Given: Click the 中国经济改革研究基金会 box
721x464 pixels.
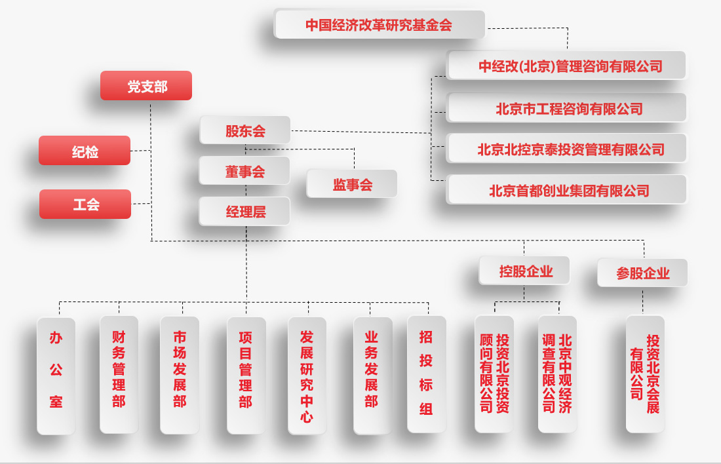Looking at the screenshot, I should (x=379, y=25).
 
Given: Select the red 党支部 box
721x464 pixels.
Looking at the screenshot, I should (x=146, y=86).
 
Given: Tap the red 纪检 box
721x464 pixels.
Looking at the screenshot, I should (x=85, y=151).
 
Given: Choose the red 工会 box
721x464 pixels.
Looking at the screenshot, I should (x=85, y=204).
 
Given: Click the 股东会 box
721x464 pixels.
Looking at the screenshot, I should (x=244, y=130).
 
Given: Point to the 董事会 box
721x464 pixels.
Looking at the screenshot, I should (x=244, y=171).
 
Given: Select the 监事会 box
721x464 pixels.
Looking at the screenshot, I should (x=352, y=184).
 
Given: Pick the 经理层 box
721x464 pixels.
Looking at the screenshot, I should (x=244, y=211).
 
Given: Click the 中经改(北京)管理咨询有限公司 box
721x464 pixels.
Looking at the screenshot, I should (x=566, y=66).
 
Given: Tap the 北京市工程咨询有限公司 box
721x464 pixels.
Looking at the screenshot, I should (x=566, y=107).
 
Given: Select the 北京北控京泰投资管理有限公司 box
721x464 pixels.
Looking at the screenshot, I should (x=566, y=149).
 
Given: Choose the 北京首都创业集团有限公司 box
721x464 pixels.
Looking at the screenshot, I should (x=566, y=190).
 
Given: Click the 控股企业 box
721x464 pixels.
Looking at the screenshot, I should (x=524, y=271).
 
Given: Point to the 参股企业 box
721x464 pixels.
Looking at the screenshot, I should (x=642, y=273).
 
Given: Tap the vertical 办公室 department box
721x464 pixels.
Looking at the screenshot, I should (x=56, y=375).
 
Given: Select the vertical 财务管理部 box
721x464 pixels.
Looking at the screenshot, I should (x=119, y=374).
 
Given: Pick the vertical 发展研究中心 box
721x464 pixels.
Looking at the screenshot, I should (x=307, y=375).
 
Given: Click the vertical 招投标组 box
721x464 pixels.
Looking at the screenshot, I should (x=426, y=374).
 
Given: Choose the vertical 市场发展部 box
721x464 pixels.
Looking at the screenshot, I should (x=180, y=375).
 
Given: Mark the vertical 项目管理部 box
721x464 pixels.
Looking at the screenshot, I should (x=246, y=375).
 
